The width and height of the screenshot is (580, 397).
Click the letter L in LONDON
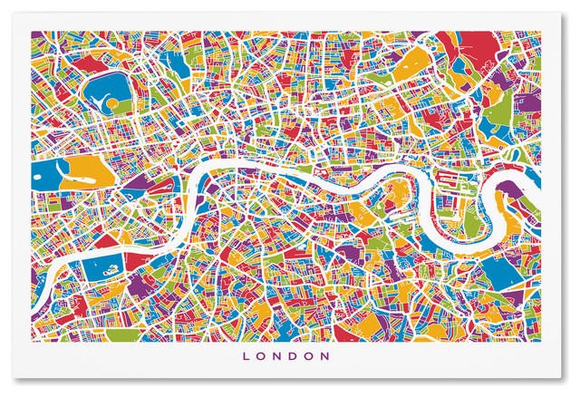tap(247, 356)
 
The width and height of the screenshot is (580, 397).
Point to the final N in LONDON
tap(334, 356)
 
